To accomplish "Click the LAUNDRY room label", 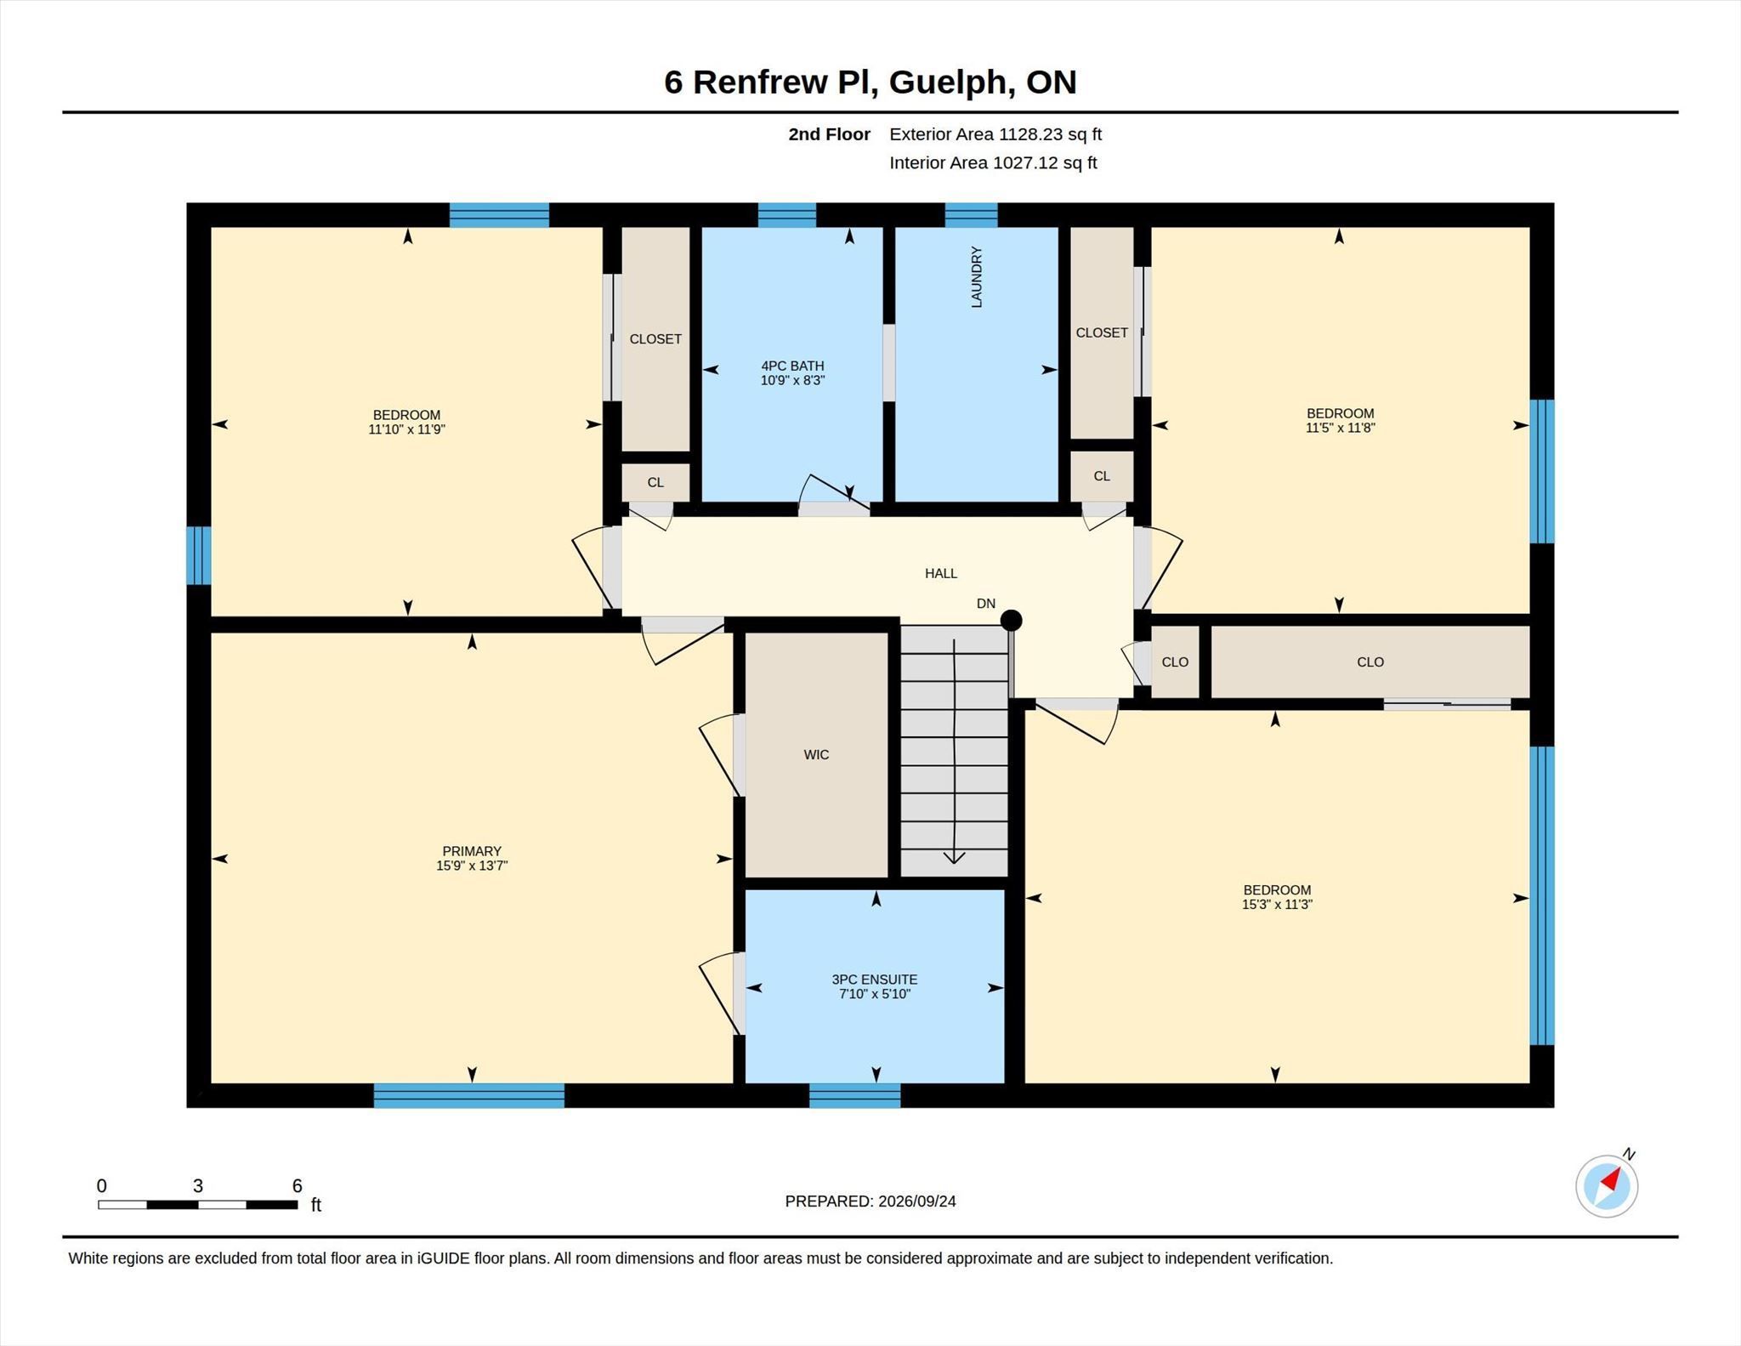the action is coord(977,277).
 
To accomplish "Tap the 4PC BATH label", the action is coord(792,366).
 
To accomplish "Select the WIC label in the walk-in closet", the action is coord(816,754).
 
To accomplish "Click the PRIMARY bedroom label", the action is coord(472,851).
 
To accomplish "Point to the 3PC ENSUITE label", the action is coord(875,980).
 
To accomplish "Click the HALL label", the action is coord(941,573).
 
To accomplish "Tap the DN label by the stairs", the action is coord(986,604).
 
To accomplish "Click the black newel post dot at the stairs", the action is coord(1011,621).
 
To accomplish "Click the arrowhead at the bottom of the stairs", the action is coord(954,858).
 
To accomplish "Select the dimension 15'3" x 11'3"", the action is coord(1277,905).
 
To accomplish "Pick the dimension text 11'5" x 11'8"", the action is coord(1341,428).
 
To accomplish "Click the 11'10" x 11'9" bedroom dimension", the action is coord(406,429).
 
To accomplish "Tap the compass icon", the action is coord(1607,1185).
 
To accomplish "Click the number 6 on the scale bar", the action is coord(297,1186).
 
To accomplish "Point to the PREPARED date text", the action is coord(870,1201).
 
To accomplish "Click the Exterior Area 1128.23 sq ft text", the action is coord(995,134).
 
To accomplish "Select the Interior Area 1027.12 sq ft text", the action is coord(993,163).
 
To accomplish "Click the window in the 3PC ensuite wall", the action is coord(854,1095).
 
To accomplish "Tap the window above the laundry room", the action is coord(971,215).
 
